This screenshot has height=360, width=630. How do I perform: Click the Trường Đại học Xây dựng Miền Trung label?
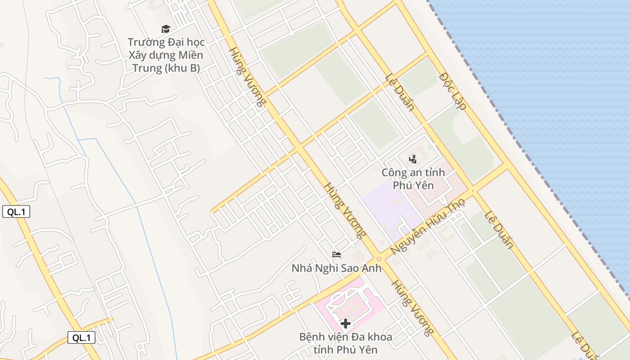pyautogui.click(x=166, y=55)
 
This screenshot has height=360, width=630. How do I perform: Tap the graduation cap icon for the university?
pyautogui.click(x=166, y=29)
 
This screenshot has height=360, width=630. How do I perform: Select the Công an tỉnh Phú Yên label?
pyautogui.click(x=413, y=179)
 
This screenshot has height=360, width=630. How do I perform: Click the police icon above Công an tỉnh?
pyautogui.click(x=413, y=159)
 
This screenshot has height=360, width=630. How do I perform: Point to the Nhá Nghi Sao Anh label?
pyautogui.click(x=336, y=269)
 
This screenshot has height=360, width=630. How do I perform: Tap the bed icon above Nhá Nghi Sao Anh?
pyautogui.click(x=337, y=255)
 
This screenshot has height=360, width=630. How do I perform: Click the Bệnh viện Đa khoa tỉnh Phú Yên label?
pyautogui.click(x=345, y=343)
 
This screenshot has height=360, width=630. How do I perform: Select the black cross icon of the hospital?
pyautogui.click(x=346, y=324)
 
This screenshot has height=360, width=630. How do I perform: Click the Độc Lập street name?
pyautogui.click(x=452, y=91)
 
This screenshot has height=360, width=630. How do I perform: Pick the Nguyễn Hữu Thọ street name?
pyautogui.click(x=427, y=228)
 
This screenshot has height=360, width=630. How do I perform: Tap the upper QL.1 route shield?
pyautogui.click(x=16, y=211)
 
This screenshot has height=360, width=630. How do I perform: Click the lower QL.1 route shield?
pyautogui.click(x=81, y=337)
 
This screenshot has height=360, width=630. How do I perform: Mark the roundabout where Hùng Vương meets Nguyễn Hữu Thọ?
pyautogui.click(x=379, y=259)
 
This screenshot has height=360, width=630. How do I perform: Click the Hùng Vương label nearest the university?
pyautogui.click(x=246, y=76)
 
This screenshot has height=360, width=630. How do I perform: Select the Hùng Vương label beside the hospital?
pyautogui.click(x=413, y=308)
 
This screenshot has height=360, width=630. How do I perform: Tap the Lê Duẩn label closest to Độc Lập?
pyautogui.click(x=400, y=92)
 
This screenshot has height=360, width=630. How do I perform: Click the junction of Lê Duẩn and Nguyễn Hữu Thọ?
pyautogui.click(x=472, y=190)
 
